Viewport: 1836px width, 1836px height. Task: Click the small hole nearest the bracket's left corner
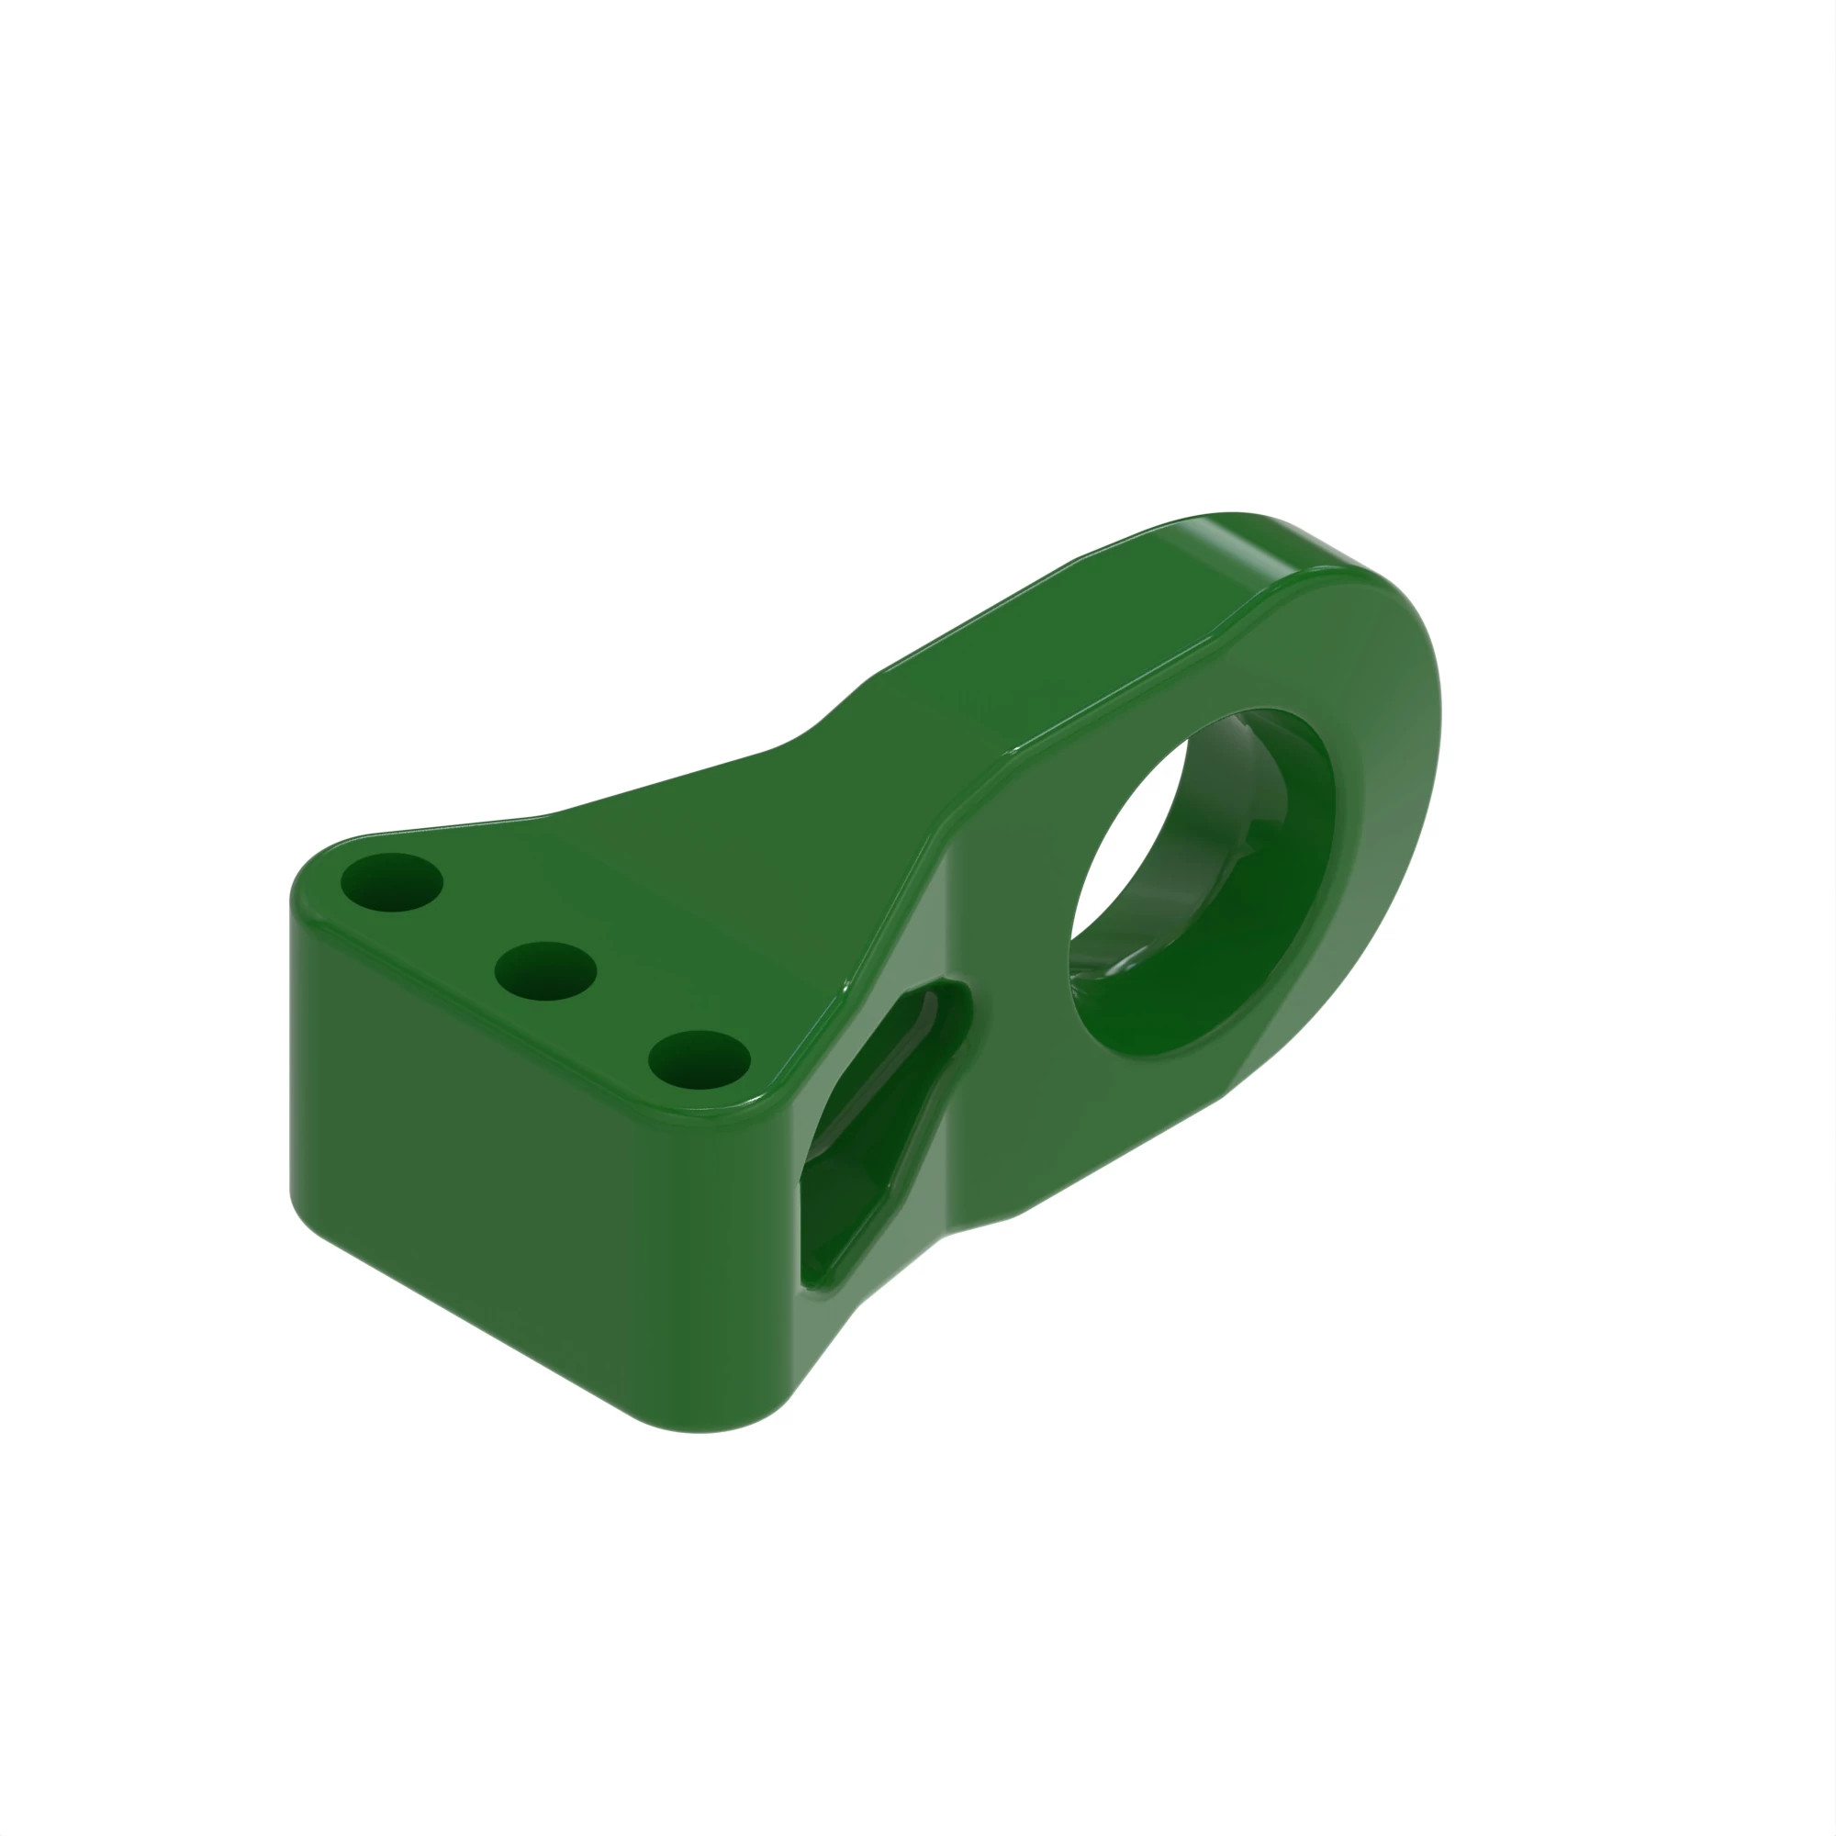(390, 882)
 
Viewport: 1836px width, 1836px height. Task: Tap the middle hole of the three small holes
(545, 970)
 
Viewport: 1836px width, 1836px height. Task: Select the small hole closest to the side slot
(700, 1059)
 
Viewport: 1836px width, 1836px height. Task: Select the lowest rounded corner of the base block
(703, 1421)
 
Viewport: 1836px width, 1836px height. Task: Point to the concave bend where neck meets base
(808, 741)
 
